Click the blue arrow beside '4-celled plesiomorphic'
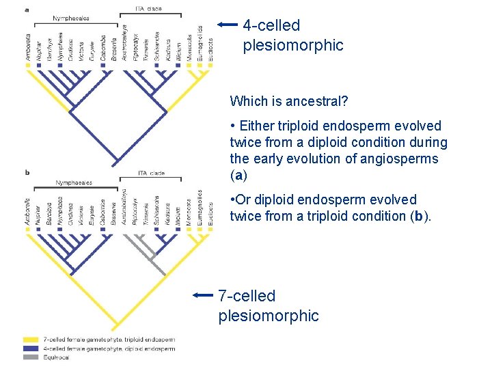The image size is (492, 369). tap(228, 25)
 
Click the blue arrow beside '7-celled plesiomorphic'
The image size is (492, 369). tap(204, 296)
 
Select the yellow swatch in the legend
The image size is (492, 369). tap(30, 340)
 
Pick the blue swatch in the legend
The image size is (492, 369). tap(30, 348)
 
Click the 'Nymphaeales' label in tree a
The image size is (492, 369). tap(73, 18)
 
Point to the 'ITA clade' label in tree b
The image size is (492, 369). tap(151, 173)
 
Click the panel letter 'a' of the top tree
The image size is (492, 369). tap(27, 10)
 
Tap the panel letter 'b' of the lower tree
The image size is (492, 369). tap(27, 173)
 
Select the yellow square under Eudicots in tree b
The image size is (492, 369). tap(210, 230)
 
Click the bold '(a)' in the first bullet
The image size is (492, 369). tap(238, 175)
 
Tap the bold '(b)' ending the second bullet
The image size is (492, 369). tap(422, 216)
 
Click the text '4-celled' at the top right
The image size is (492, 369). tap(271, 26)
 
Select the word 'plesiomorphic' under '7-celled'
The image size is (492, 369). tap(269, 316)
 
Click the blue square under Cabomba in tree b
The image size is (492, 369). tap(102, 230)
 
